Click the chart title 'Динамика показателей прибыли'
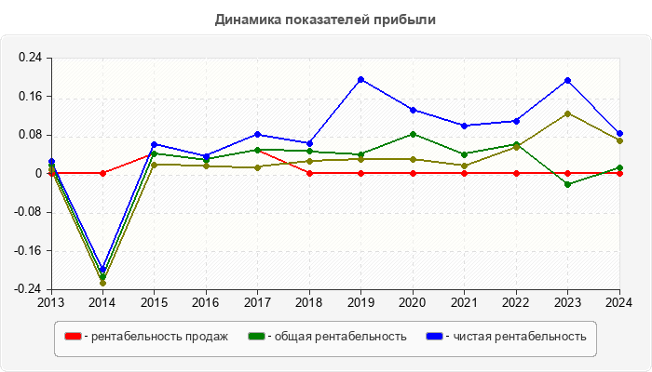tap(325, 19)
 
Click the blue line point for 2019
tap(361, 80)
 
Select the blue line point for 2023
tap(568, 81)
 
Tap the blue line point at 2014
tap(102, 270)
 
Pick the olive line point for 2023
tap(568, 113)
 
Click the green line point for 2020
tap(413, 134)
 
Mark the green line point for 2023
tap(568, 184)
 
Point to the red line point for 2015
tap(155, 153)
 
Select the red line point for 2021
tap(465, 173)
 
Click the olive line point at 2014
tap(102, 283)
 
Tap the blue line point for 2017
tap(258, 134)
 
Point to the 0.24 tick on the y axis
tap(31, 58)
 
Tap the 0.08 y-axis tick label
tap(31, 135)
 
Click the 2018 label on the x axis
tap(309, 302)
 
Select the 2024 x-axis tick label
tap(619, 302)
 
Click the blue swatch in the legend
tap(434, 337)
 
